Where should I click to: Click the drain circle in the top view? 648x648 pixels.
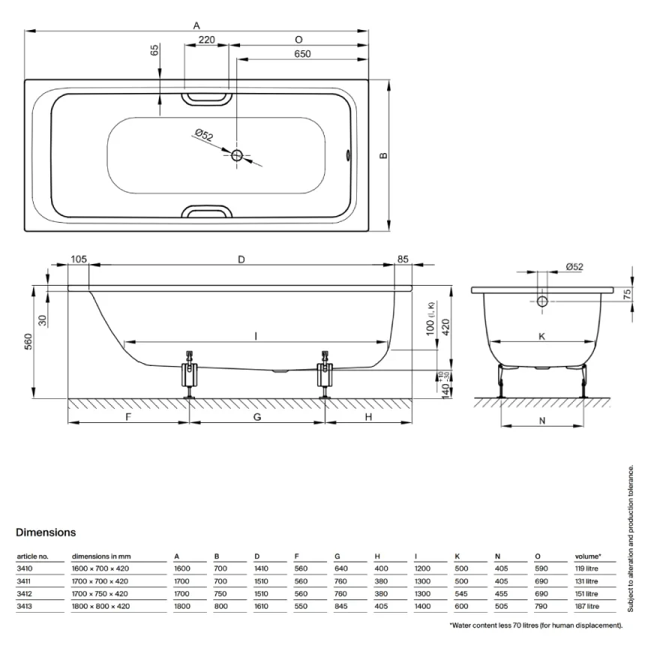point(237,156)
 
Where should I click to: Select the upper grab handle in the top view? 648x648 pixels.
point(207,97)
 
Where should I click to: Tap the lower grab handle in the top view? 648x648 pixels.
point(207,212)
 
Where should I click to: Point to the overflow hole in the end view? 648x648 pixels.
point(542,301)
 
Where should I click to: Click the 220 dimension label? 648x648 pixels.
point(207,40)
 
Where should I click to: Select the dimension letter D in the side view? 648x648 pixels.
point(241,259)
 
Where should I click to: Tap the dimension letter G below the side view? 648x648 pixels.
point(256,416)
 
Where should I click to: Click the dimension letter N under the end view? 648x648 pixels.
point(542,421)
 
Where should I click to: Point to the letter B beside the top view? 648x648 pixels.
point(382,155)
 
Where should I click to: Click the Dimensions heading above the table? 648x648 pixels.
point(46,532)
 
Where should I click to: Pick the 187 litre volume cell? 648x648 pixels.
point(587,606)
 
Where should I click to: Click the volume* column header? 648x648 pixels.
point(588,556)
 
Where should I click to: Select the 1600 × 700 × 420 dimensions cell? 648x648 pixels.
point(100,569)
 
